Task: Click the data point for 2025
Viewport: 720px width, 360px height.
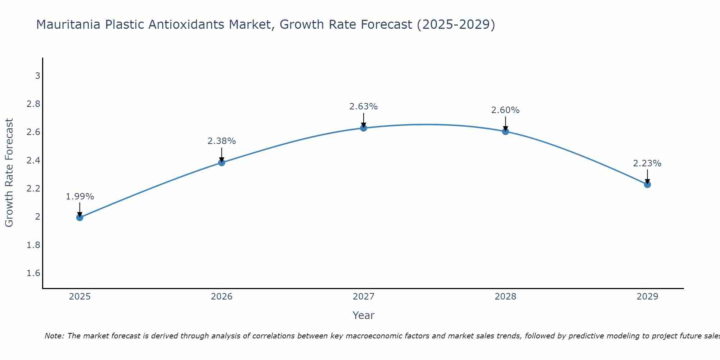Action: (80, 217)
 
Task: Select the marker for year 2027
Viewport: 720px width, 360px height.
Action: (363, 128)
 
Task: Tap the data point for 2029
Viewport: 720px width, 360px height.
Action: (647, 184)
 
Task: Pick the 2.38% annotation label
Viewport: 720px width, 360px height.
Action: (221, 141)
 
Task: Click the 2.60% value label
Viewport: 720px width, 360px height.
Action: (505, 110)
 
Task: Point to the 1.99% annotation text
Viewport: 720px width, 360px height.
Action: (80, 197)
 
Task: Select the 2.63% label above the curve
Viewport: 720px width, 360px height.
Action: (363, 107)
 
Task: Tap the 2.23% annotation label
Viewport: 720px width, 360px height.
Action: (647, 163)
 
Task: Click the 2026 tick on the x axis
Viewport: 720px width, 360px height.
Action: (221, 297)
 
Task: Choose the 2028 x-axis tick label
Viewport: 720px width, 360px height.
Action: (505, 297)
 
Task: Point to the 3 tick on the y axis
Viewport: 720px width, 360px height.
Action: (37, 76)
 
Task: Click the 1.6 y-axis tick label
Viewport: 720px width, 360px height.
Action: (33, 273)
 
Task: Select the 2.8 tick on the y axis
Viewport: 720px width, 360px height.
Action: (33, 104)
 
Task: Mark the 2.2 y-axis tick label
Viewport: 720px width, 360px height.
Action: (33, 189)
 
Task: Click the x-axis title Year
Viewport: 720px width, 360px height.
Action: (363, 315)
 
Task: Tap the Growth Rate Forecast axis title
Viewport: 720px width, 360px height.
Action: (9, 173)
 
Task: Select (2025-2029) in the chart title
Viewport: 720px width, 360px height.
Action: (455, 24)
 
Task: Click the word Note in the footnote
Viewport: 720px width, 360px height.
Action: (54, 336)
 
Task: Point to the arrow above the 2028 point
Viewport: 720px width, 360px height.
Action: (505, 123)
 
